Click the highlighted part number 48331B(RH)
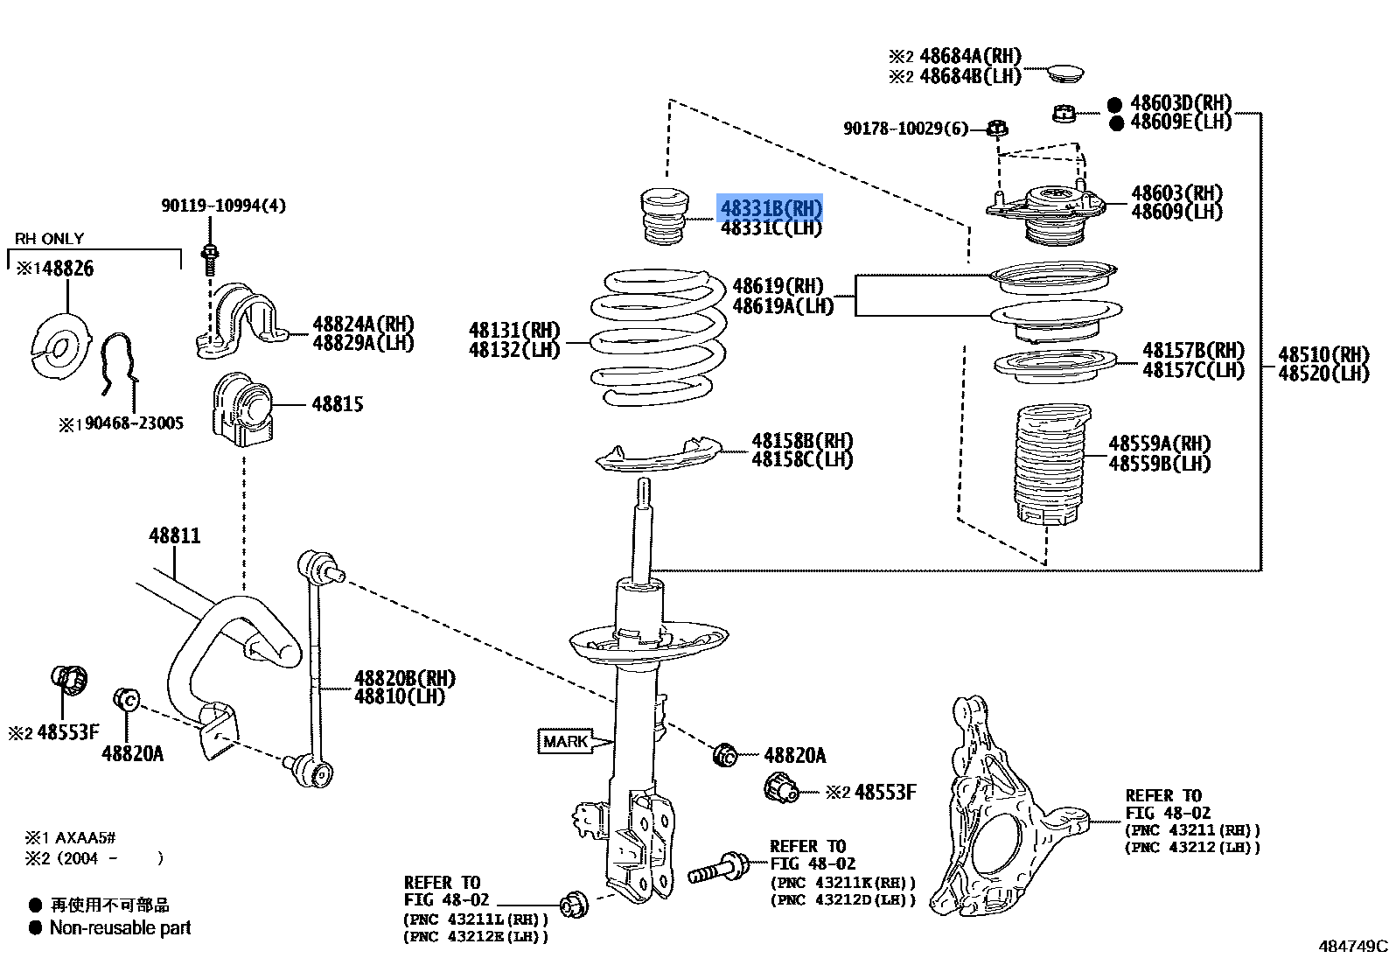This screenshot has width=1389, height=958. tap(771, 208)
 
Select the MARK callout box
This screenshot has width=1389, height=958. tap(566, 742)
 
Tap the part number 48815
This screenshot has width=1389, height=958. tap(338, 404)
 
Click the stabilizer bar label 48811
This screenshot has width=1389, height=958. tap(175, 535)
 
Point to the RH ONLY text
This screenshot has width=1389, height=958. tap(50, 239)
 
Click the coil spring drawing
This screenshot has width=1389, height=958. tap(659, 337)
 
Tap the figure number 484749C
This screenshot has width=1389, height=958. tap(1352, 946)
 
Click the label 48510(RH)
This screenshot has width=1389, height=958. tap(1323, 354)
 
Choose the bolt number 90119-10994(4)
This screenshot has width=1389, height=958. tap(223, 206)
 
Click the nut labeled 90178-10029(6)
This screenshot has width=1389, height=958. tap(996, 129)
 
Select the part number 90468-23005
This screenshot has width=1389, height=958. tap(134, 423)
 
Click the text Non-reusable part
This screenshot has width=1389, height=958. tap(120, 928)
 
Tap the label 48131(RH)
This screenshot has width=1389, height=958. tap(514, 330)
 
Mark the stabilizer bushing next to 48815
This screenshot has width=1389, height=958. tap(242, 409)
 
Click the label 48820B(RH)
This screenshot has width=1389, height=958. tap(405, 678)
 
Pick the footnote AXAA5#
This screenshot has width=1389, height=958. tap(85, 838)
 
